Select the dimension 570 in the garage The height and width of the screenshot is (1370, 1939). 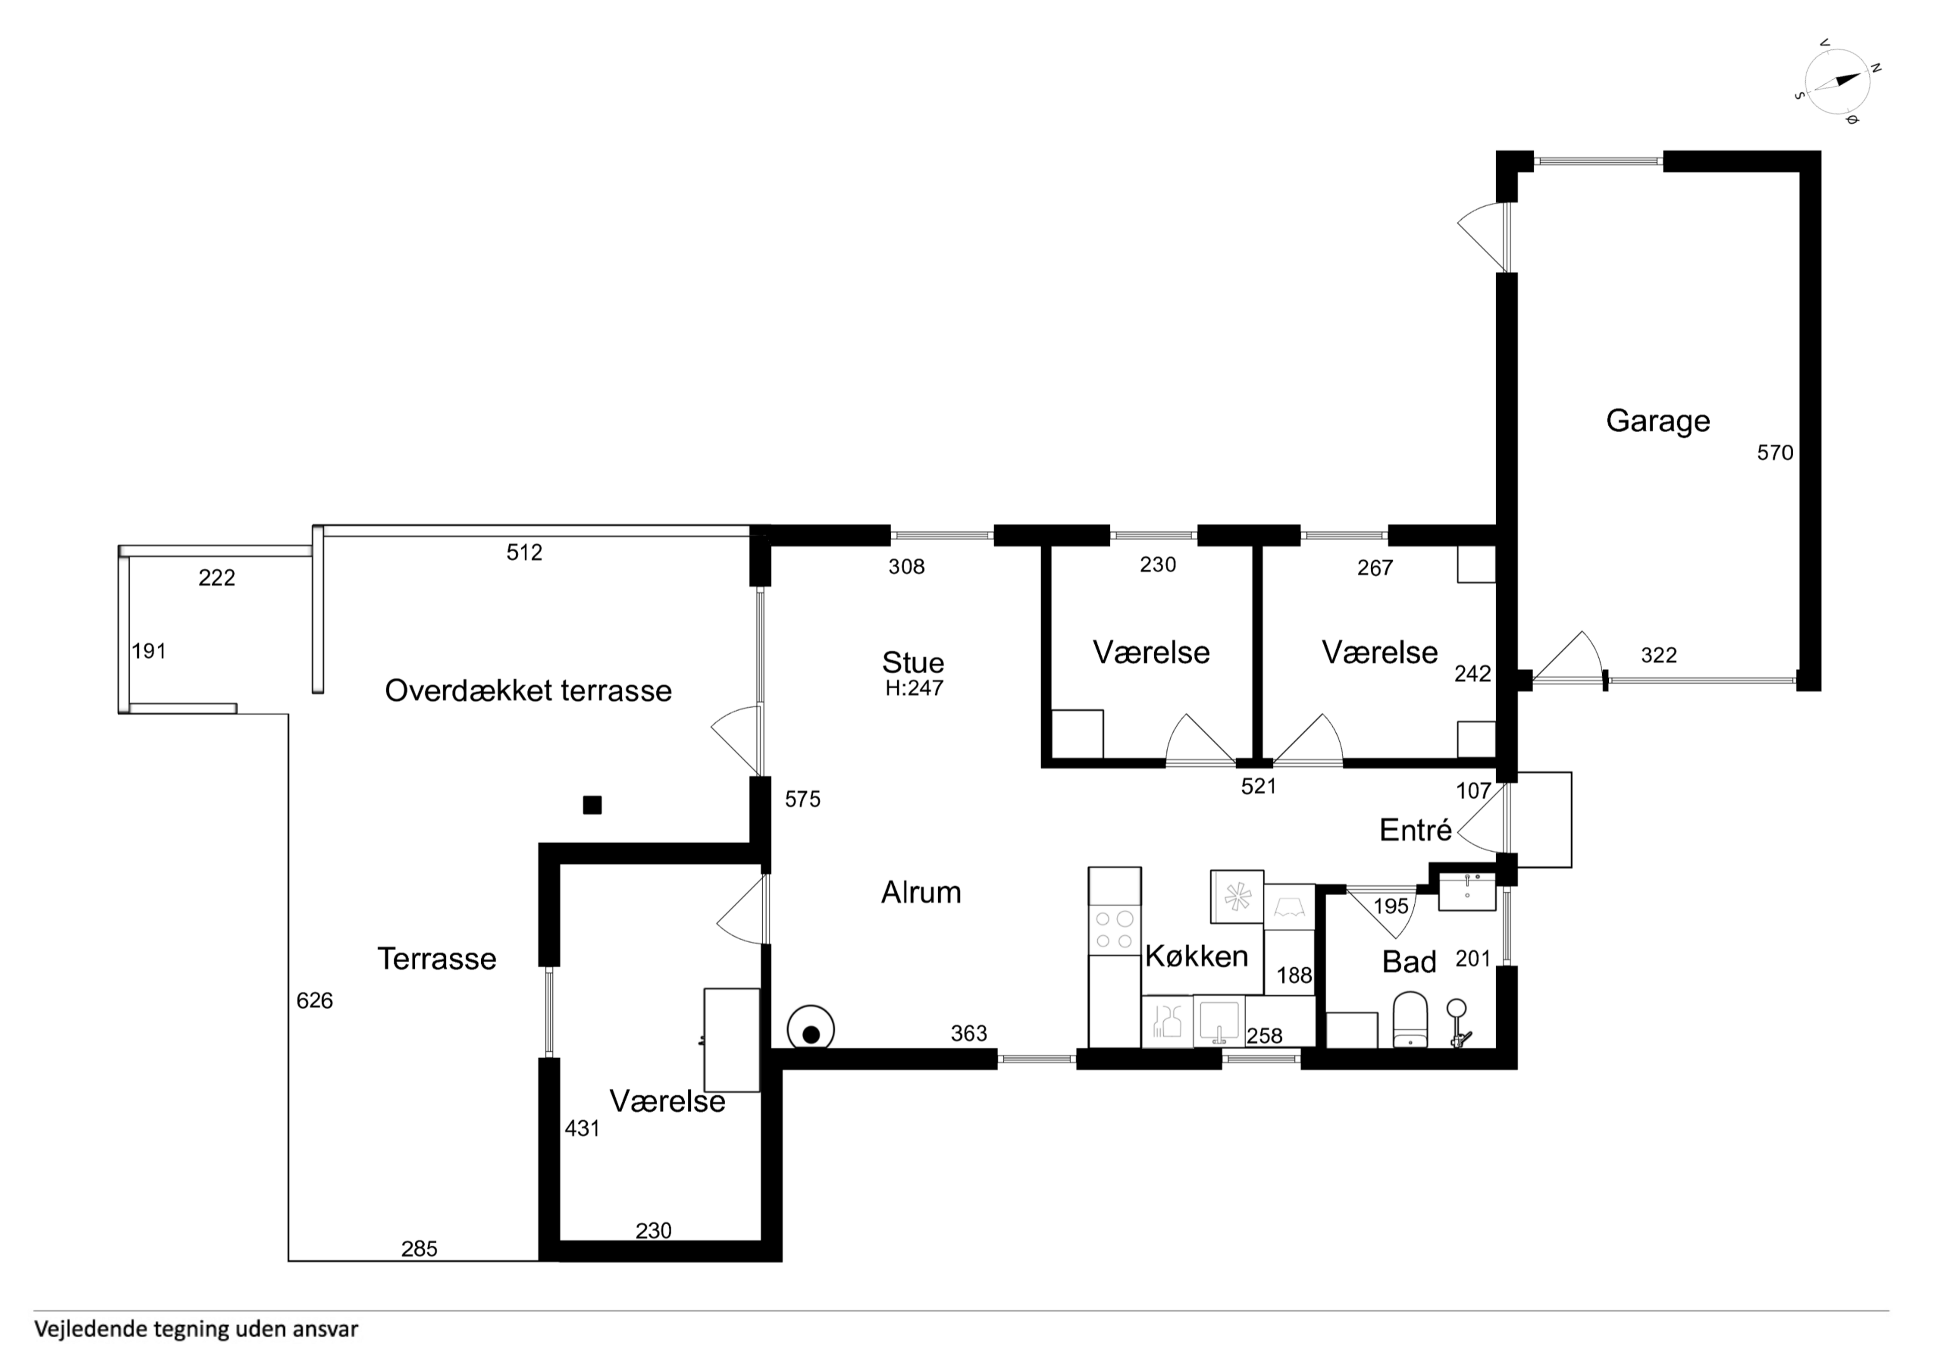tap(1775, 453)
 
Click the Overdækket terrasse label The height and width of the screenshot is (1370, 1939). tap(528, 690)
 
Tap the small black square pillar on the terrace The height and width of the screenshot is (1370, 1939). tap(592, 805)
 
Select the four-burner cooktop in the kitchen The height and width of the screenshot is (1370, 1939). tap(1114, 929)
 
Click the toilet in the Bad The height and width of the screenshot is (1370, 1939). tap(1409, 1020)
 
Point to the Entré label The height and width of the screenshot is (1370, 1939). tap(1415, 831)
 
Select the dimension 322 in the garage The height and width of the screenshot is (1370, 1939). tap(1659, 655)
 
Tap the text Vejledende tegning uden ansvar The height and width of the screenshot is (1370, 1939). tap(196, 1330)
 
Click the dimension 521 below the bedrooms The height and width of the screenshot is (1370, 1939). tap(1258, 787)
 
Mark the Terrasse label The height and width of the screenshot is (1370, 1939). tap(437, 959)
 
